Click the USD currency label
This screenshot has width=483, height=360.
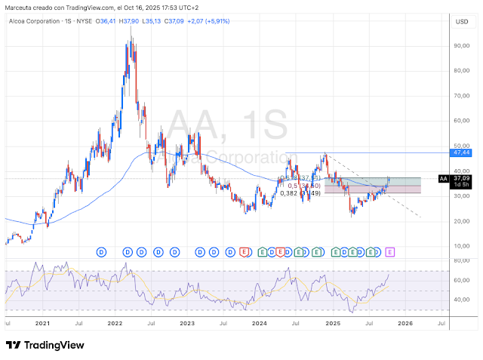pyautogui.click(x=461, y=22)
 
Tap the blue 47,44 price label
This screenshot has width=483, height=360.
pyautogui.click(x=462, y=152)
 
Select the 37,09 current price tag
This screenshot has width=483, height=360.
pyautogui.click(x=461, y=179)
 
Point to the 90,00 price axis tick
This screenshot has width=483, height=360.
pyautogui.click(x=461, y=46)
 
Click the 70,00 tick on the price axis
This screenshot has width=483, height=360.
pyautogui.click(x=461, y=96)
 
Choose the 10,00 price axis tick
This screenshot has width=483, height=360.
pyautogui.click(x=461, y=246)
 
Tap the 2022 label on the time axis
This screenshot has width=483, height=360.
pyautogui.click(x=115, y=323)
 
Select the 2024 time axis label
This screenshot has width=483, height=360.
pyautogui.click(x=260, y=323)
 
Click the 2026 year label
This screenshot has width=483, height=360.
pyautogui.click(x=405, y=323)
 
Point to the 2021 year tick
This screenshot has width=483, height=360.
pyautogui.click(x=42, y=323)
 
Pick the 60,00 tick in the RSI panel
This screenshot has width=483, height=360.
pyautogui.click(x=461, y=280)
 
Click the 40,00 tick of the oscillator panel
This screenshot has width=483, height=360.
pyautogui.click(x=461, y=300)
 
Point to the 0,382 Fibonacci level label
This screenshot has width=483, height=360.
pyautogui.click(x=289, y=193)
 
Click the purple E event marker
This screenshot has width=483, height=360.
pyautogui.click(x=390, y=251)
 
